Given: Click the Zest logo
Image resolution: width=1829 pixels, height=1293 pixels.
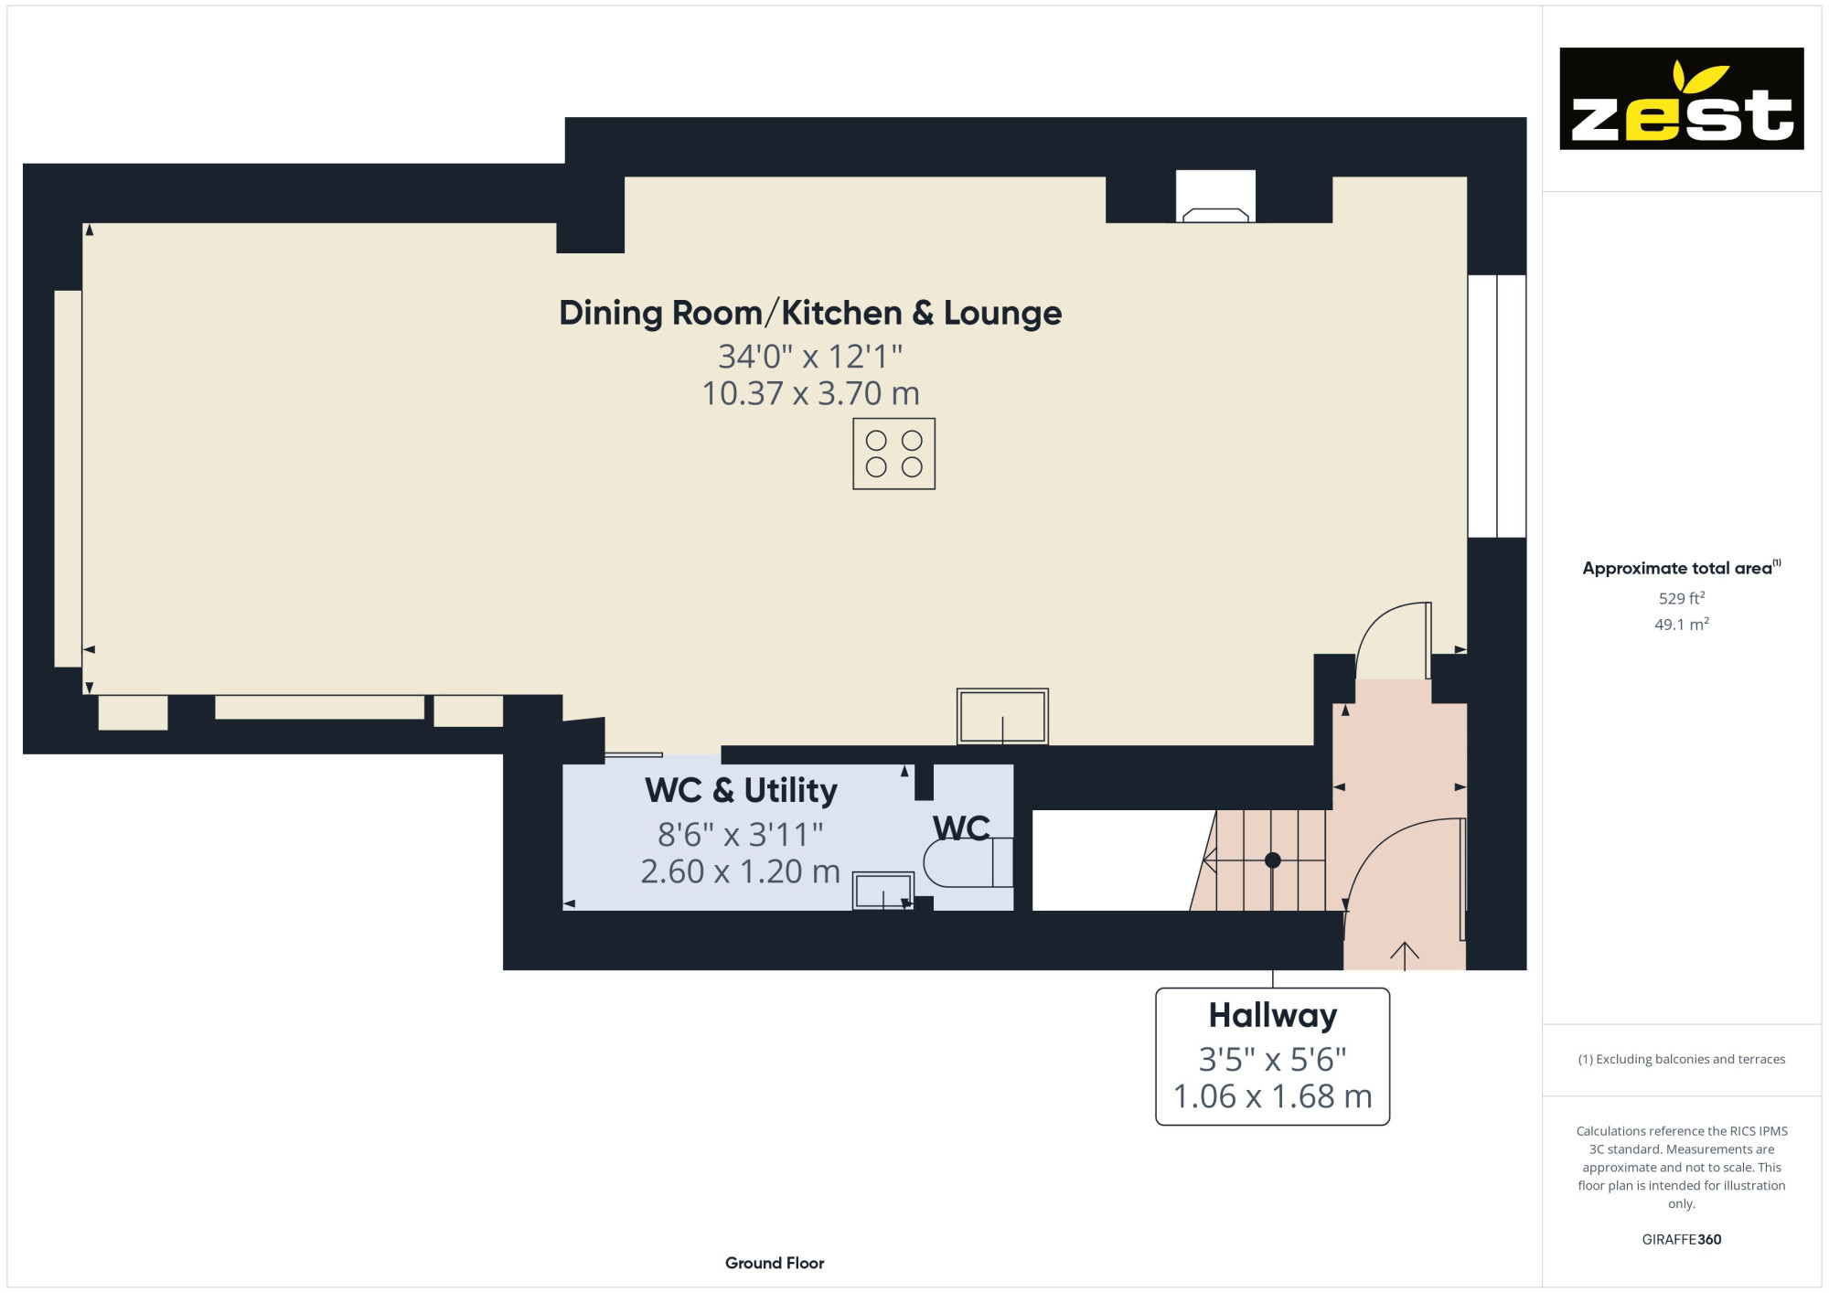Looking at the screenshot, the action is pos(1681,99).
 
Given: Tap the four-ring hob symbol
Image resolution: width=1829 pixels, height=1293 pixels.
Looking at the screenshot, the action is pos(893,454).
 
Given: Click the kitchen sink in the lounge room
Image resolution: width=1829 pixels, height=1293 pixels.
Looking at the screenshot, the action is pos(1002,716).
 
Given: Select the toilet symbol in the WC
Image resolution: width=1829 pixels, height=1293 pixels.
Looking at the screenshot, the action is pos(968,862).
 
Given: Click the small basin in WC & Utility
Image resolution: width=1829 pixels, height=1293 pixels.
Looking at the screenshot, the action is pos(882,891).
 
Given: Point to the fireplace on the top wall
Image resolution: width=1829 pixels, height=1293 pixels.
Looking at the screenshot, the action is pos(1215,197).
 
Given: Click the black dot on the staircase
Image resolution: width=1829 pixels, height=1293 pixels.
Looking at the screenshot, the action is pos(1272,860).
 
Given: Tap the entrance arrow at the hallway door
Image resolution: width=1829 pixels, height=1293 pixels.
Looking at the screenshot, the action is pos(1404,955).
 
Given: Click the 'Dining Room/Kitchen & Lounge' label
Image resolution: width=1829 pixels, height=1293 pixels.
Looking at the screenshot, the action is pos(810,313).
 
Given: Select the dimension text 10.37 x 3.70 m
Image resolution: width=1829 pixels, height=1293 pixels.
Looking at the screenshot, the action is pos(810,393).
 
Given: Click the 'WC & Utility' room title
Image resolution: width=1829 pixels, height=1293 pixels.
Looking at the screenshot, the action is pos(741,790).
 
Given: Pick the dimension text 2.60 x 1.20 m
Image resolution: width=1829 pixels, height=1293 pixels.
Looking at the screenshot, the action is pos(740,871).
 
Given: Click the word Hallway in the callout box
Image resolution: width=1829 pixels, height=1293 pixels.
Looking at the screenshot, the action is pos(1272,1015).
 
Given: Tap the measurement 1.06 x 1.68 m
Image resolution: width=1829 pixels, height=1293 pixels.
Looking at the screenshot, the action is pos(1272,1096).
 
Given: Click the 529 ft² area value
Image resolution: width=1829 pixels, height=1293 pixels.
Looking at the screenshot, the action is pos(1681,598).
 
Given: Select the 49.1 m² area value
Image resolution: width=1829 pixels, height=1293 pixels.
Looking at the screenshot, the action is pos(1681,625).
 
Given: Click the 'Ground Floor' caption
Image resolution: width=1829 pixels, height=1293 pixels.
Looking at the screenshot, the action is pos(775,1263).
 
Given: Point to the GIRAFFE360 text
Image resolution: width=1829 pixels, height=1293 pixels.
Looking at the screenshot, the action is pos(1681,1240).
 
